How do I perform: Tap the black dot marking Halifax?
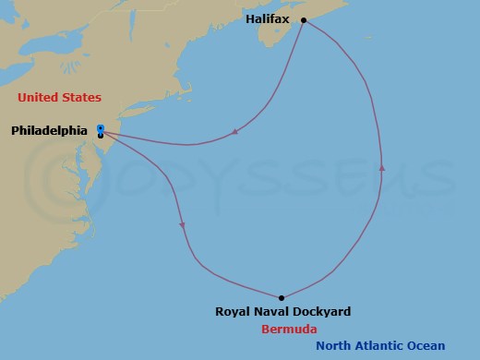click(303, 19)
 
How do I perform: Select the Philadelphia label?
click(49, 131)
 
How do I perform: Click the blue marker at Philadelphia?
click(100, 128)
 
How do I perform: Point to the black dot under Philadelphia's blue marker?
click(100, 136)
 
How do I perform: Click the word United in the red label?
click(37, 97)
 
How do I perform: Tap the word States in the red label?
click(80, 97)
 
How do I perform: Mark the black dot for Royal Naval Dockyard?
click(281, 297)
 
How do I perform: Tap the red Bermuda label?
click(284, 329)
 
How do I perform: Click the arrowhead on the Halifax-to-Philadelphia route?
click(236, 131)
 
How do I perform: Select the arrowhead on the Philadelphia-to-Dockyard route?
click(183, 225)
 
